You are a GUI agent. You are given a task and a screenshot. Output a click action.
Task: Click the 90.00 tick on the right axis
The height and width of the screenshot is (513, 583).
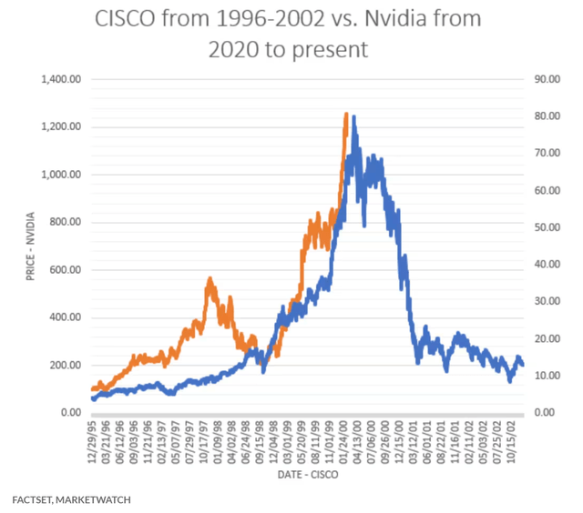click(x=547, y=79)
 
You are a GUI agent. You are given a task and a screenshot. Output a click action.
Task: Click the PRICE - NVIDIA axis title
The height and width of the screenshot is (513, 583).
click(x=31, y=246)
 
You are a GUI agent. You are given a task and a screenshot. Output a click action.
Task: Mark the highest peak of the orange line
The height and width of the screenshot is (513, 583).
click(x=345, y=114)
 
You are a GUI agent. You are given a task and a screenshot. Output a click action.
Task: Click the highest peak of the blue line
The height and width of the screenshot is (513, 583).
click(x=353, y=116)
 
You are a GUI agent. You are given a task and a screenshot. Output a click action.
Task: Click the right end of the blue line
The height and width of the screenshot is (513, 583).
click(x=523, y=365)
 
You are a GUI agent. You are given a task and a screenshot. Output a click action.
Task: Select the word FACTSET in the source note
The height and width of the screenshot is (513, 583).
click(x=33, y=499)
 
